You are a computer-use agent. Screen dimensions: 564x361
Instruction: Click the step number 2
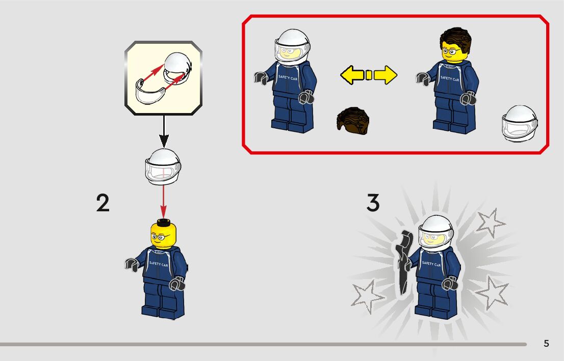pos(103,203)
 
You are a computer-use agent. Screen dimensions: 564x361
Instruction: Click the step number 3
pos(373,203)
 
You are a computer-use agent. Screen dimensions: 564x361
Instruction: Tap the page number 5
pos(546,344)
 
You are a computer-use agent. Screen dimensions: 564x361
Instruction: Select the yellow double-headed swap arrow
pos(369,75)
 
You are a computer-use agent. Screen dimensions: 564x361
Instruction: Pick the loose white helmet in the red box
pos(520,123)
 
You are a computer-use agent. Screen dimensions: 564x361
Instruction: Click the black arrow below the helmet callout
pos(164,131)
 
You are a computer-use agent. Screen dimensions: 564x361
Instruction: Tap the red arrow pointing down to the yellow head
pos(163,202)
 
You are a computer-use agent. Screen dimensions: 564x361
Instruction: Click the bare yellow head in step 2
pos(163,234)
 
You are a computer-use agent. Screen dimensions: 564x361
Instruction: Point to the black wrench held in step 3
pos(403,262)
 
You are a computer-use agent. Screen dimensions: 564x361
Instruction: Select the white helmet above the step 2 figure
pos(163,167)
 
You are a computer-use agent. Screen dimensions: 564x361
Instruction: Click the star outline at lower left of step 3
pos(367,297)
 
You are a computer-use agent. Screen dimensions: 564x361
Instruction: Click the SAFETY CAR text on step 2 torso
pos(158,264)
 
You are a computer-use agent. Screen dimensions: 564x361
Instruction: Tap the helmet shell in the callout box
pos(177,68)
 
